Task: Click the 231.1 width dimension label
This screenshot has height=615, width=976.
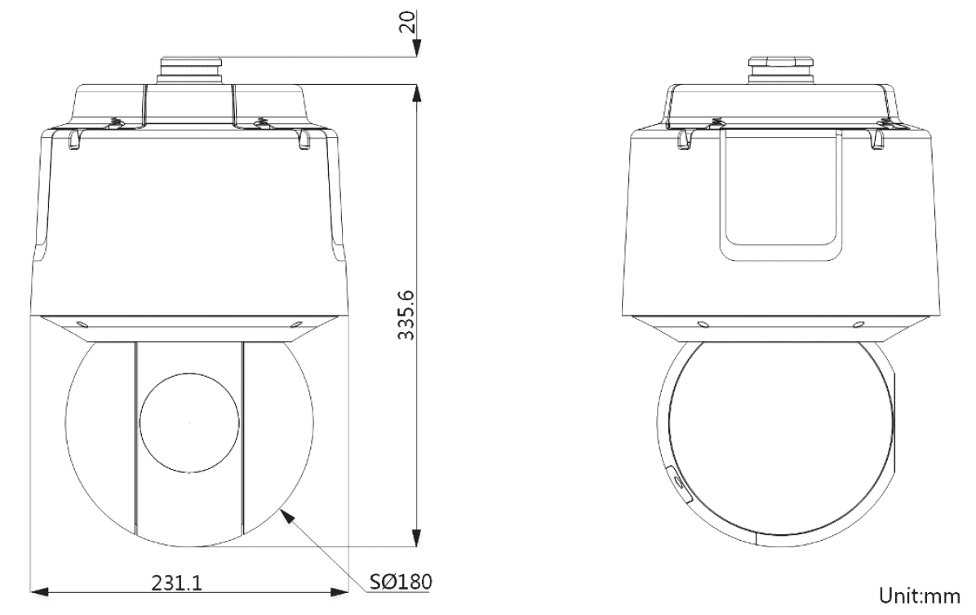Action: [177, 582]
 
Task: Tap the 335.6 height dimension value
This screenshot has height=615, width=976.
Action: [406, 314]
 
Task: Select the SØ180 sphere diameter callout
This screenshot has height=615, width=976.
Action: [400, 582]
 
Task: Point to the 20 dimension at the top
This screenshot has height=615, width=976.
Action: [406, 22]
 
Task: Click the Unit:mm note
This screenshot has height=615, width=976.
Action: [920, 595]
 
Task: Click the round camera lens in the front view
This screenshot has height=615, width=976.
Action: [190, 423]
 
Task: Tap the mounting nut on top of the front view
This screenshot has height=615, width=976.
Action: [190, 70]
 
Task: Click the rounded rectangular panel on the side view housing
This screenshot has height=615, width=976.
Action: [780, 194]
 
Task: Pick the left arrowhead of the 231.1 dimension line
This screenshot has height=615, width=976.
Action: [39, 590]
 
